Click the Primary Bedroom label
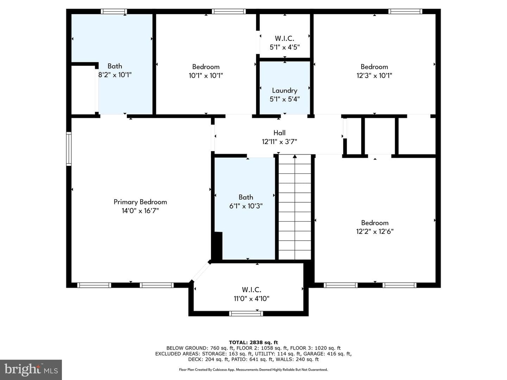point(140,202)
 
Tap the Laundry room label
point(284,90)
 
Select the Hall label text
point(280,133)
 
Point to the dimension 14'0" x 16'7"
point(140,211)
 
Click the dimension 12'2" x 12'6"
point(375,232)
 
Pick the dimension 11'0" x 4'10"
point(251,299)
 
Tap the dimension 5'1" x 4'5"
point(284,47)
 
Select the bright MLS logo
point(31,369)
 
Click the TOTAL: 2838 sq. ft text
point(254,342)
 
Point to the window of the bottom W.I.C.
point(246,313)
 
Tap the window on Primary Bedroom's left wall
point(69,148)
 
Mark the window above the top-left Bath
point(114,12)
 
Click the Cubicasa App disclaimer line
point(254,369)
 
